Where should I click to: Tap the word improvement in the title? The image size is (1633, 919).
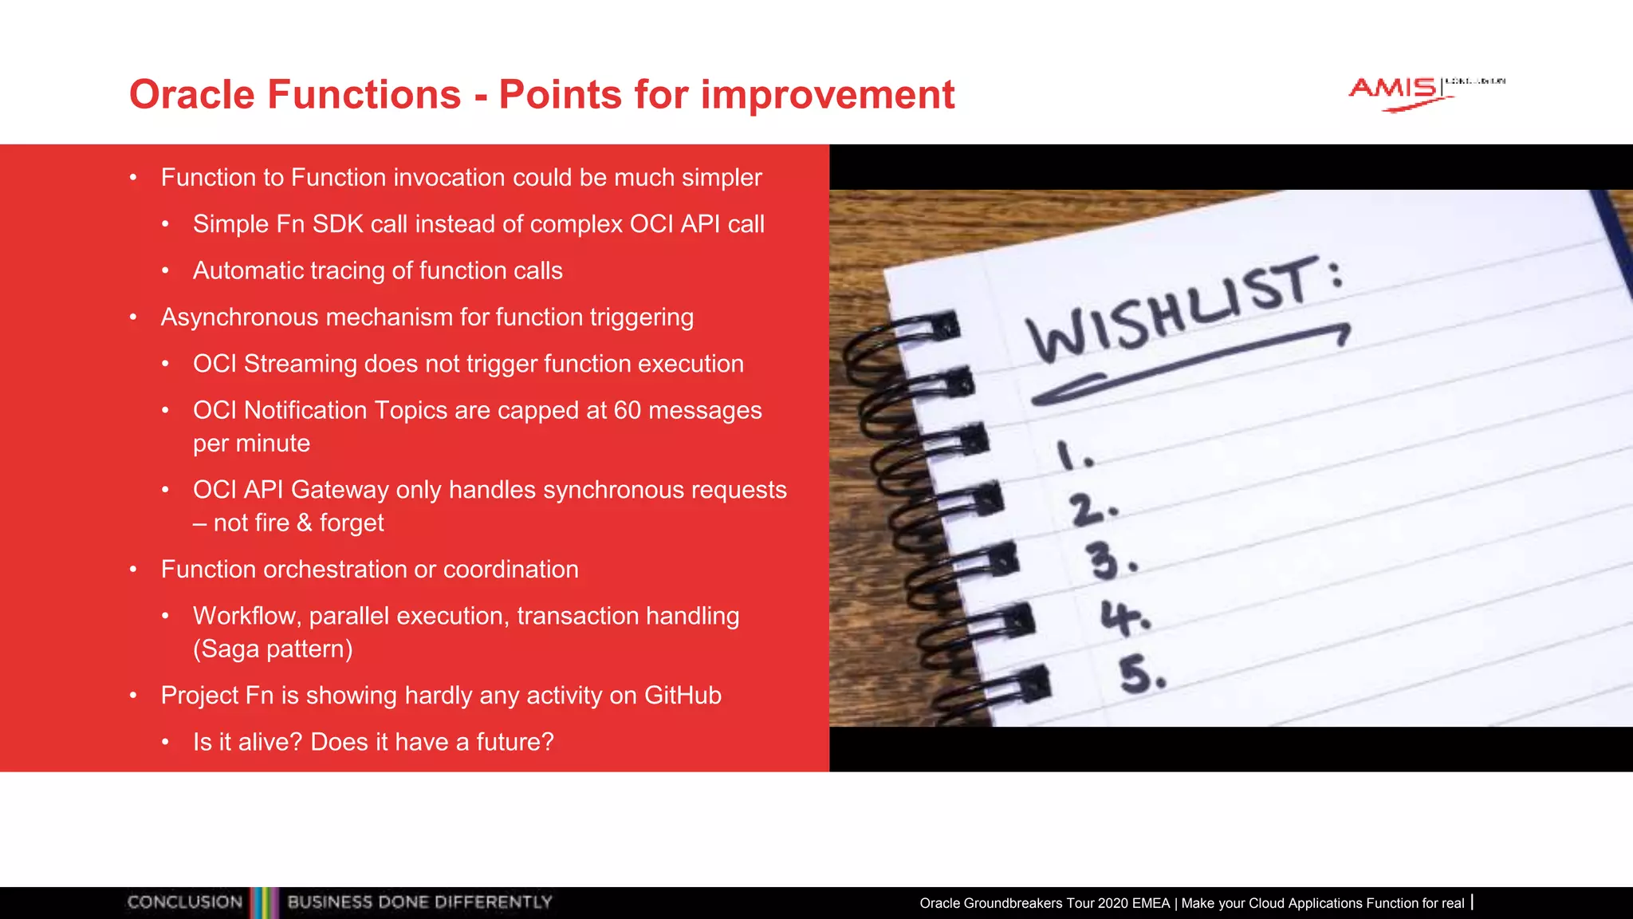pos(827,95)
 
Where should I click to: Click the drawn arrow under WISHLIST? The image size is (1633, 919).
pos(1188,364)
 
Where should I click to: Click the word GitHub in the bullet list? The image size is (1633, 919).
pos(683,696)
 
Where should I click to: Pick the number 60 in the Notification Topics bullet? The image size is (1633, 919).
pos(628,410)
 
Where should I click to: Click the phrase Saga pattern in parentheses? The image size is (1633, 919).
pos(273,649)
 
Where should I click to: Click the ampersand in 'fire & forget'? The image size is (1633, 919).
pos(304,523)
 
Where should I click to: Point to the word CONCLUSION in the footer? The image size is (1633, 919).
pos(185,902)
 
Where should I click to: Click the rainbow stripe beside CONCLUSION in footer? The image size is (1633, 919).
pos(265,902)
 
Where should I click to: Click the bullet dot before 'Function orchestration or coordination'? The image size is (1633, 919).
pos(134,570)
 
